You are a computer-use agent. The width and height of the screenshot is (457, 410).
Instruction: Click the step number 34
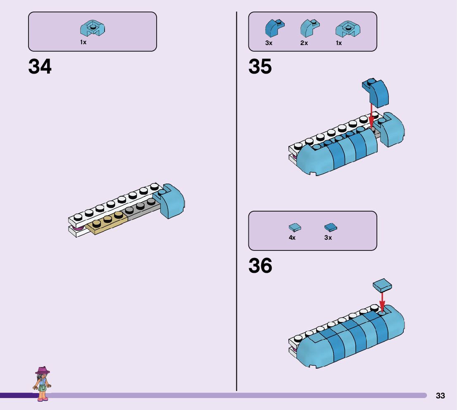coord(40,67)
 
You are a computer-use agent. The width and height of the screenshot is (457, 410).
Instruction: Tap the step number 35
coord(260,67)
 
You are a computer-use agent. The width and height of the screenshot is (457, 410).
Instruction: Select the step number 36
coord(260,266)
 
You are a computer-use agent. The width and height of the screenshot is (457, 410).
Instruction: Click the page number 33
coord(440,396)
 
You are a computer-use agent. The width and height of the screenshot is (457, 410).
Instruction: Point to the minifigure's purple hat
coord(42,370)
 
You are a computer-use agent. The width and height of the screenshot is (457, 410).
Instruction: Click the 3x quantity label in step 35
coord(269,43)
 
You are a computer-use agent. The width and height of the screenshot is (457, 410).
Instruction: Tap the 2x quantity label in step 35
coord(304,43)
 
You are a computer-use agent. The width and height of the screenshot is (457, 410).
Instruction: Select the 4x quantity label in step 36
coord(292,238)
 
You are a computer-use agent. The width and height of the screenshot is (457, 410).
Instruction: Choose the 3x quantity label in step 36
coord(328,238)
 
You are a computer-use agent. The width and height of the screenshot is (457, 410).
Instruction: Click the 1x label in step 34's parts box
coord(83,42)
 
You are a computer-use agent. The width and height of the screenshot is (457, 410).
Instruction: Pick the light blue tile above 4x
coord(294,227)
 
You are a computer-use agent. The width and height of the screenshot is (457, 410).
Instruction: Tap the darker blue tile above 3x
coord(331,227)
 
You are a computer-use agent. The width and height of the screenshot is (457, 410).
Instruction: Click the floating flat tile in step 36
coord(382,285)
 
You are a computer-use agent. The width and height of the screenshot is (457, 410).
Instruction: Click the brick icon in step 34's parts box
coord(93,28)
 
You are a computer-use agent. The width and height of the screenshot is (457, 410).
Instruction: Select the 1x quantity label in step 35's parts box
coord(339,43)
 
